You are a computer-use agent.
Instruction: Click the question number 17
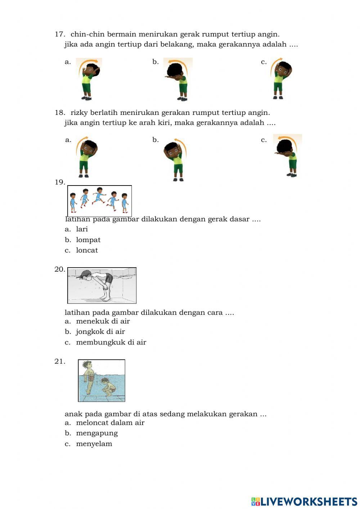click(x=59, y=34)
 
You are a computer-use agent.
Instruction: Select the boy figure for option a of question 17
click(x=88, y=79)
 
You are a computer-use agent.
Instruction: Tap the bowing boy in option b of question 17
click(x=178, y=79)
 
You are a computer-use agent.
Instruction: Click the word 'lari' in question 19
click(x=82, y=229)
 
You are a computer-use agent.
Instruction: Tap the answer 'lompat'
click(x=88, y=240)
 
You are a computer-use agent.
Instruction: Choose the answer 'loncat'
click(x=87, y=250)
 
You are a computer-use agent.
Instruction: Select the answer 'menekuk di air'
click(x=103, y=321)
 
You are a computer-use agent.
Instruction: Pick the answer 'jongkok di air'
click(x=100, y=332)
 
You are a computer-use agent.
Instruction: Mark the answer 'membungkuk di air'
click(x=111, y=342)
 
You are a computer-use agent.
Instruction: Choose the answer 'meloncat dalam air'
click(x=110, y=423)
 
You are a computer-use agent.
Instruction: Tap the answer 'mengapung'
click(x=96, y=433)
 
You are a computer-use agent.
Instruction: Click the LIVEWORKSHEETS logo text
click(x=308, y=501)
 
